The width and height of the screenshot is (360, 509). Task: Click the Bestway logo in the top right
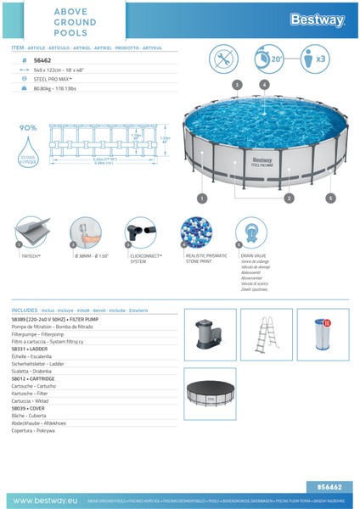click(x=316, y=20)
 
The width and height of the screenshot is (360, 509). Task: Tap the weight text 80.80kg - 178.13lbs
click(x=55, y=88)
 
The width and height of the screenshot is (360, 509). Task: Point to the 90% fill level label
click(x=28, y=128)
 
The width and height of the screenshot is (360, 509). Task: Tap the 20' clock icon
click(x=271, y=59)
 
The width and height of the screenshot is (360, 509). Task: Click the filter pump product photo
click(x=210, y=333)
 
